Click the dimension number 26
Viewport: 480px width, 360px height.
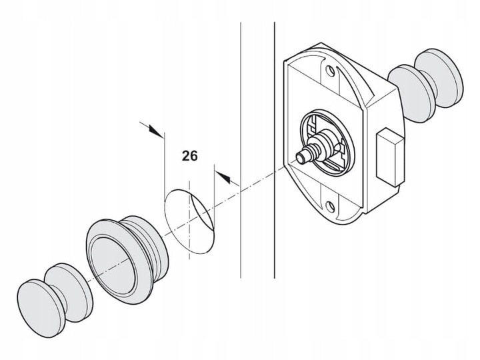(190, 157)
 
